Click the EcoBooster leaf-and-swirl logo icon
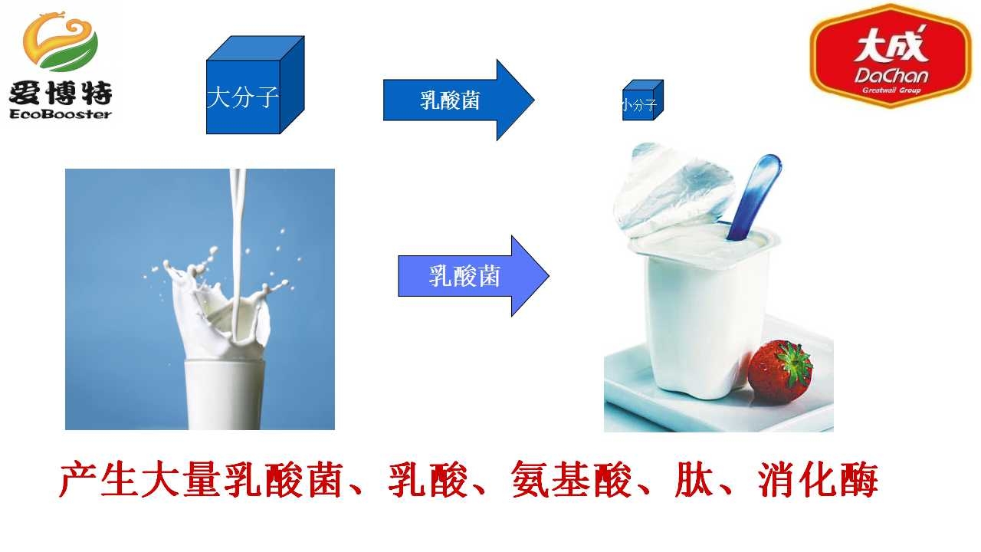[x=61, y=41]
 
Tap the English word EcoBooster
[x=61, y=114]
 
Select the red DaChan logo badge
[x=891, y=55]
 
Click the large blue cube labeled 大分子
[x=255, y=85]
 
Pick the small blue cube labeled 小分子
[x=643, y=100]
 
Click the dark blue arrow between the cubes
[x=458, y=100]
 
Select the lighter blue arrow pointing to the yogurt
[x=474, y=276]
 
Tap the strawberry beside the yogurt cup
[x=780, y=372]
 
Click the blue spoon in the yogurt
[x=754, y=197]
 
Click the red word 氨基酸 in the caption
[x=571, y=480]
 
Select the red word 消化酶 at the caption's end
[x=818, y=480]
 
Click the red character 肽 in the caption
[x=694, y=480]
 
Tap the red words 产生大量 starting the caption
[x=139, y=480]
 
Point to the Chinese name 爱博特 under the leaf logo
[x=61, y=92]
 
